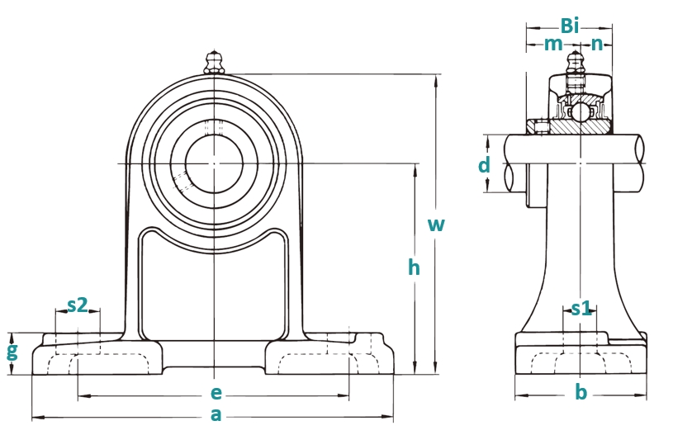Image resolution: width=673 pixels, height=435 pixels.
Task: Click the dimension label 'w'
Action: (x=436, y=225)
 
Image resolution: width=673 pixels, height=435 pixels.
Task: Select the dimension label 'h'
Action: (x=414, y=267)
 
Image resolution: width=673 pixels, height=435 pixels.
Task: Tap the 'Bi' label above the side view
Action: (x=570, y=26)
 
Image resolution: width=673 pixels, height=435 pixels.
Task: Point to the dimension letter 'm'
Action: (x=553, y=44)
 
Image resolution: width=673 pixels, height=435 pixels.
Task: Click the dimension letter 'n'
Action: (x=596, y=44)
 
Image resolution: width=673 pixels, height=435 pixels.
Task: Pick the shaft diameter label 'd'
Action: (x=484, y=165)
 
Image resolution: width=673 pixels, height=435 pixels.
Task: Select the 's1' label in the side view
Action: (x=581, y=308)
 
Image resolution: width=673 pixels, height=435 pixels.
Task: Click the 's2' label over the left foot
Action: (x=78, y=305)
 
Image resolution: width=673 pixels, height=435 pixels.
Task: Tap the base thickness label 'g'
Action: (x=12, y=352)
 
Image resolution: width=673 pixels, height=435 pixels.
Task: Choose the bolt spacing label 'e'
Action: (x=216, y=393)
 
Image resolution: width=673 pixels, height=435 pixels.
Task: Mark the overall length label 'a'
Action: (x=216, y=415)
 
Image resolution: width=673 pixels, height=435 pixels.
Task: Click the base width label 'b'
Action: (x=581, y=392)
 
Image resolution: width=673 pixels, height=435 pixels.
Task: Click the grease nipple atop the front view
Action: (x=214, y=63)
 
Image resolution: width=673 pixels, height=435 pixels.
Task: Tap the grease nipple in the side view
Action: (x=574, y=63)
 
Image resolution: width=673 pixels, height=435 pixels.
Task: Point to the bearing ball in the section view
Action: (x=581, y=112)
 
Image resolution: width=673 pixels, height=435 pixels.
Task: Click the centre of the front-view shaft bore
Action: (x=214, y=163)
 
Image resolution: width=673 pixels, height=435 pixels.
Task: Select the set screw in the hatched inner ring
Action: (x=542, y=127)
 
